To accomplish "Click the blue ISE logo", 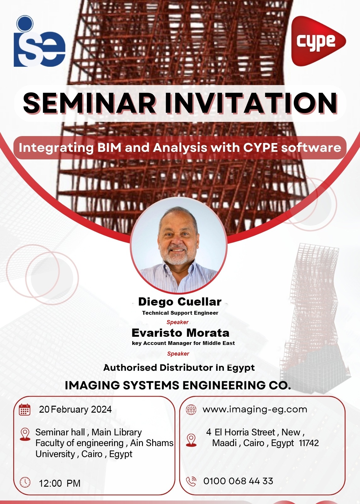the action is click(40, 41).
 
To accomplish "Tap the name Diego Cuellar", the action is click(180, 302).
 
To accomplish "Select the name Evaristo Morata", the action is click(180, 333).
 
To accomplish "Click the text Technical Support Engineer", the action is click(180, 313).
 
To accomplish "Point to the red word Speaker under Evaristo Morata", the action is click(178, 354).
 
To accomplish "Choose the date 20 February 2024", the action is click(75, 409).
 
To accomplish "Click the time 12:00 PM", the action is click(60, 483).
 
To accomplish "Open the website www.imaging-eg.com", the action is click(255, 409).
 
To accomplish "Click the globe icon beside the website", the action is click(191, 409).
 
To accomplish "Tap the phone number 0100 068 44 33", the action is click(238, 481).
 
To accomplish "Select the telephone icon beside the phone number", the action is click(191, 481).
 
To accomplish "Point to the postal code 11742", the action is click(309, 443).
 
